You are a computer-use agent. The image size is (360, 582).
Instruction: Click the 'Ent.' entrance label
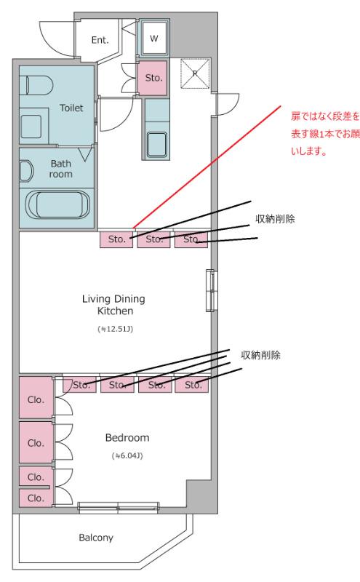(100, 40)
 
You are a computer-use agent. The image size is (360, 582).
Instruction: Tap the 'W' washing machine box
(154, 38)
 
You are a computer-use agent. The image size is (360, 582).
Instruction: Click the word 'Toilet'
(71, 108)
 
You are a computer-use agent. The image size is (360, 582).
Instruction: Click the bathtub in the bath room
(57, 205)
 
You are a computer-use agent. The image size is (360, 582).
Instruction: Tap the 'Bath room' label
(61, 169)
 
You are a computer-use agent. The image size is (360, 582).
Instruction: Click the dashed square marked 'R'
(195, 74)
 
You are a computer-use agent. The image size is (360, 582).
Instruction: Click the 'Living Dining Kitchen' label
(114, 305)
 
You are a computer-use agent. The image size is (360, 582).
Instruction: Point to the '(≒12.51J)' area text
(115, 329)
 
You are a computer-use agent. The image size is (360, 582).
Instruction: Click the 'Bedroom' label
(127, 438)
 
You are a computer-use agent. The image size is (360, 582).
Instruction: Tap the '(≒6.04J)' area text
(127, 455)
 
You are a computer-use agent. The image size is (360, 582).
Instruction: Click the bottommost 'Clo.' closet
(36, 498)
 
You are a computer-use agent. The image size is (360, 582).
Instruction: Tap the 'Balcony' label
(96, 538)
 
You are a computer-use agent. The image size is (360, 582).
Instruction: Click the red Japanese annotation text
(325, 134)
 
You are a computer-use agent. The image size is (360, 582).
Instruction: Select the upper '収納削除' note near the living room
(275, 219)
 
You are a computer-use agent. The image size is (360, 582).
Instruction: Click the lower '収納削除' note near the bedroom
(260, 355)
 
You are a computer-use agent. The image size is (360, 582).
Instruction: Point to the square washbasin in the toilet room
(31, 127)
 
